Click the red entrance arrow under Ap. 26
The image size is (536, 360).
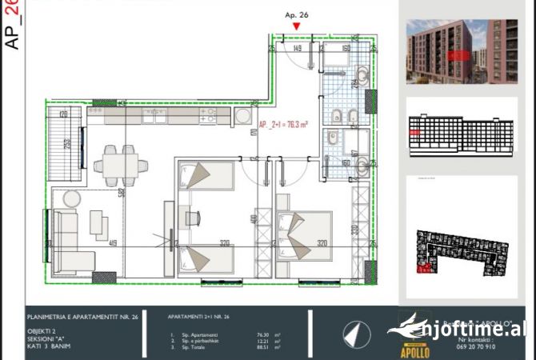[297, 26]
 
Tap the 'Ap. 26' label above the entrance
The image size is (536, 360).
[297, 14]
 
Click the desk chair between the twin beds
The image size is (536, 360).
[194, 217]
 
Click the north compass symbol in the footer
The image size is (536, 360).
[354, 331]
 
